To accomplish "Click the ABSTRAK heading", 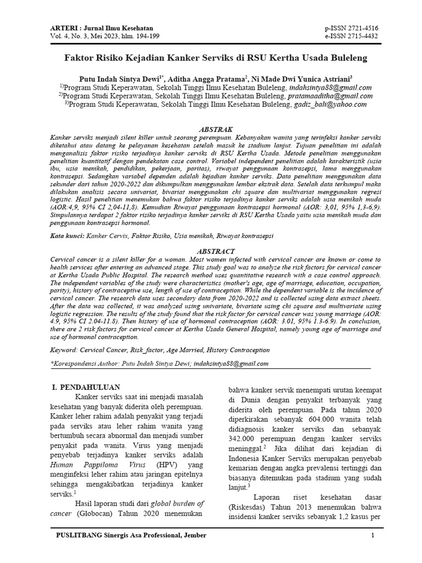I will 211,128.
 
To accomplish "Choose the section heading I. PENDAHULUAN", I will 86,387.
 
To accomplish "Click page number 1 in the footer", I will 373,536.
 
